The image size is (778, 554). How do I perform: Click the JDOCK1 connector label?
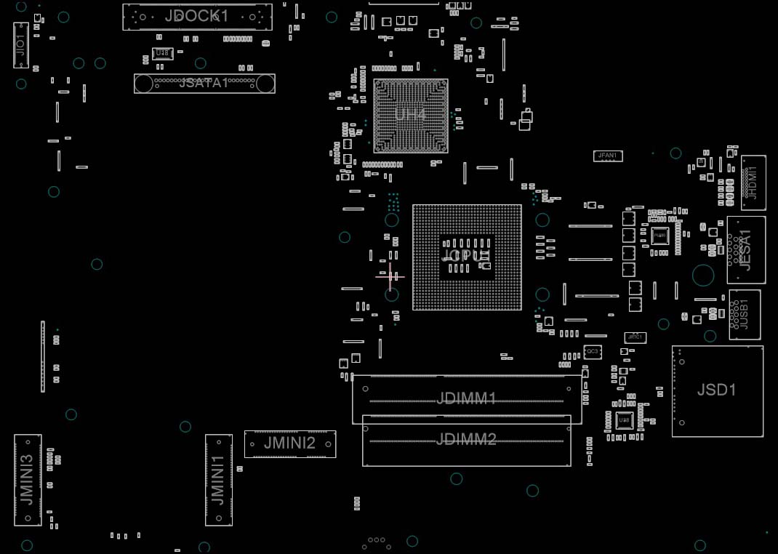[x=196, y=16]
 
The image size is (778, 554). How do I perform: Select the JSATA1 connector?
[x=204, y=83]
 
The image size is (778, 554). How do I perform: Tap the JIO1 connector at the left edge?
[x=21, y=45]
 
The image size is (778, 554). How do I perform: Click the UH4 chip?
[x=410, y=115]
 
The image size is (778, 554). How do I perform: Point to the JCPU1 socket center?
[x=467, y=257]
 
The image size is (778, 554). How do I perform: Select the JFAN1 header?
[x=607, y=156]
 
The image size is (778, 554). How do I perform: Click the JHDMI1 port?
[x=753, y=182]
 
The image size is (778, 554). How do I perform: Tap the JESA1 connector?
[x=746, y=249]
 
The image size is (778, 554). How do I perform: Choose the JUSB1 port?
[x=744, y=314]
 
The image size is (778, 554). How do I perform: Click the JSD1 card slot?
[x=717, y=390]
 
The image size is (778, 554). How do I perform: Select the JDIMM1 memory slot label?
[x=466, y=398]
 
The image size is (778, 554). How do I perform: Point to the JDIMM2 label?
[x=466, y=439]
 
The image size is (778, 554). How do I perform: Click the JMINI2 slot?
[x=289, y=443]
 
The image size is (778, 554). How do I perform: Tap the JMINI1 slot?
[x=218, y=480]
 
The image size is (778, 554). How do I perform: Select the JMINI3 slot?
[x=28, y=480]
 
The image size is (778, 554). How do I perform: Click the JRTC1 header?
[x=635, y=338]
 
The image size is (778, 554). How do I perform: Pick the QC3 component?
[x=592, y=352]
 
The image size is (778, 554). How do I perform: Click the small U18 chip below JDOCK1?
[x=162, y=54]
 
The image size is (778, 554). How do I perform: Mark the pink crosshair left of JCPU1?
[x=390, y=276]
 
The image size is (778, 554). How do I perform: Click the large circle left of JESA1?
[x=703, y=275]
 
